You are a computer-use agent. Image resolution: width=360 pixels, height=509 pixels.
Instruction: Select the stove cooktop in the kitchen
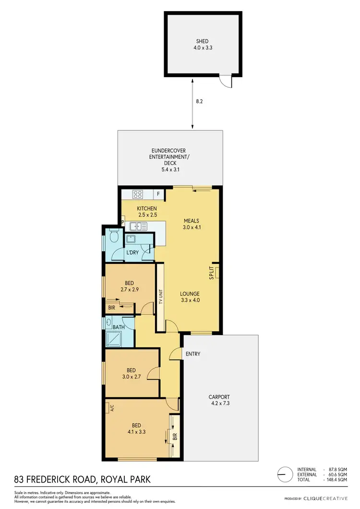click(x=138, y=194)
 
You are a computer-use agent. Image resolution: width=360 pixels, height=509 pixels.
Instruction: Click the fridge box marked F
click(x=159, y=194)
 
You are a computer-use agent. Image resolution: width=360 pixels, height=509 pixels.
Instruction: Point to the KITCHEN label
click(x=147, y=209)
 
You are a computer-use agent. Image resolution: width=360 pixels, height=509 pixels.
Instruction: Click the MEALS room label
click(x=191, y=221)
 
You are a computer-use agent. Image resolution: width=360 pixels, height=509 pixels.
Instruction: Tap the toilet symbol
click(x=113, y=237)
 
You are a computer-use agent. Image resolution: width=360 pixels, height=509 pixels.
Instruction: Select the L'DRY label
click(x=132, y=252)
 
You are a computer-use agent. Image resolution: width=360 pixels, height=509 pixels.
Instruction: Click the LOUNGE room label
click(x=190, y=294)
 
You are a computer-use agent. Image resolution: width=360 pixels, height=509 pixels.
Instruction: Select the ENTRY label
click(x=192, y=354)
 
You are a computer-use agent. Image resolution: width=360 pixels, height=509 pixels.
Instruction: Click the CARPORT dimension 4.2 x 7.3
click(x=219, y=403)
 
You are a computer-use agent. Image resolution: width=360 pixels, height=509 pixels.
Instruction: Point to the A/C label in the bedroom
click(x=111, y=408)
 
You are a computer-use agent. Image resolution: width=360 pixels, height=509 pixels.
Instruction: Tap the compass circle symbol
click(x=285, y=474)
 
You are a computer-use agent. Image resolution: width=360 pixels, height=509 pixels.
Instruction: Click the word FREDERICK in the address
click(x=58, y=479)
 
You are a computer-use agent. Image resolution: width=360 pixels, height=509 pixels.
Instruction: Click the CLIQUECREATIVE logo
click(x=329, y=498)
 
